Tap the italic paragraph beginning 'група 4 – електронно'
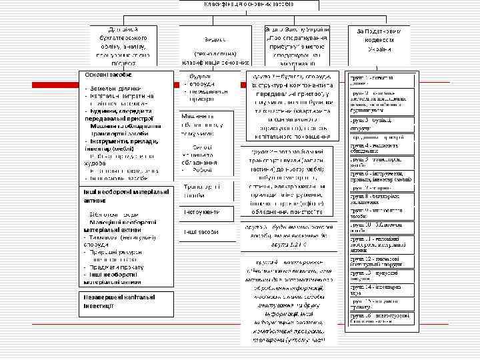point(289,300)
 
